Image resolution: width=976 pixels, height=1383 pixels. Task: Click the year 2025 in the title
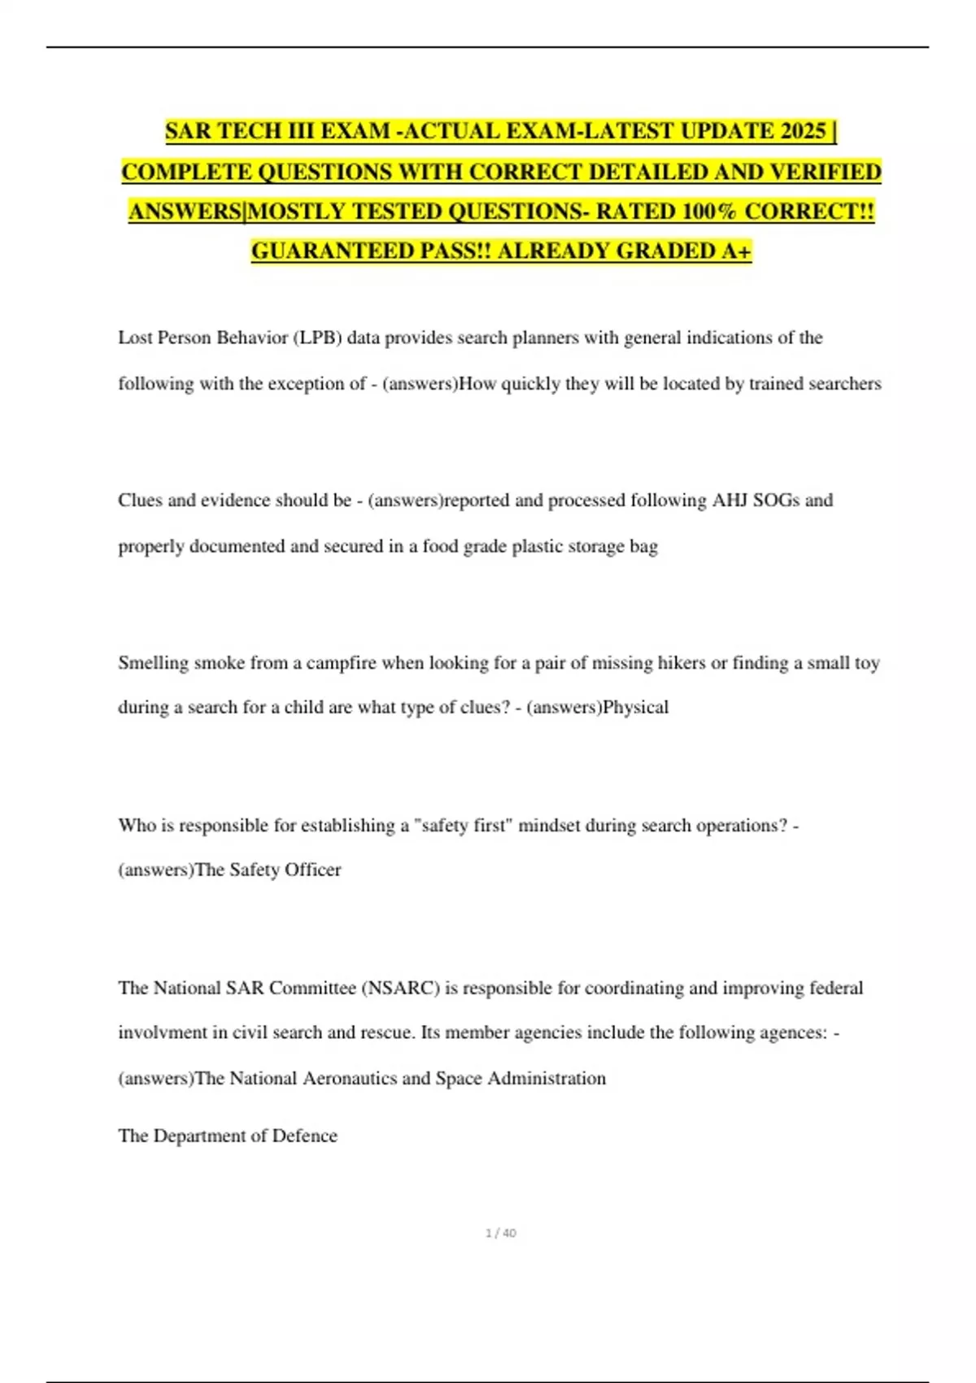tap(802, 131)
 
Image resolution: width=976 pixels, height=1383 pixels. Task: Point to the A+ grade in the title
tap(736, 251)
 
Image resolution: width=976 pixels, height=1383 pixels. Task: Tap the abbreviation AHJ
tap(730, 500)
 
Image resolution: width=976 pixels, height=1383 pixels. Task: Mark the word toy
tap(867, 663)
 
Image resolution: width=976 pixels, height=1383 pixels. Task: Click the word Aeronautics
tap(349, 1078)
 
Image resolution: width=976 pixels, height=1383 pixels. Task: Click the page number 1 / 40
tap(501, 1233)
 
